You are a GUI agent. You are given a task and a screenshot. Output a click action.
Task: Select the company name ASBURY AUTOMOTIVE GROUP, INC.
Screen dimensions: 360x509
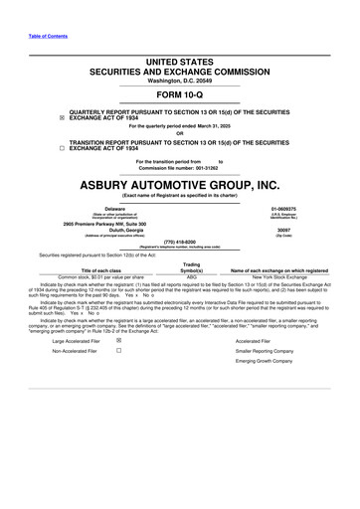[179, 185]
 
